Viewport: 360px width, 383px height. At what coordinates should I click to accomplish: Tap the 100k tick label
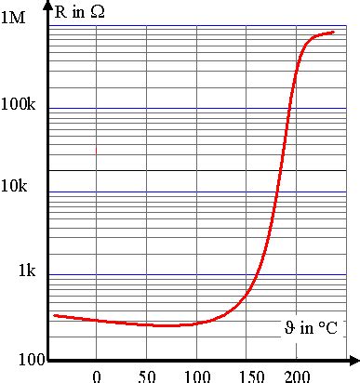coord(19,105)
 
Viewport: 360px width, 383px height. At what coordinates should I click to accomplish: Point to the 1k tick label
coord(26,271)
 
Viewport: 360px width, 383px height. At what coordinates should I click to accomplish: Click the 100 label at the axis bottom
coord(17,360)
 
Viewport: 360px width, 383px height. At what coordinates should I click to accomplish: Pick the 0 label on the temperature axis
coord(96,376)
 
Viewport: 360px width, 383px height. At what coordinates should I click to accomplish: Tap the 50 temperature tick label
coord(147,376)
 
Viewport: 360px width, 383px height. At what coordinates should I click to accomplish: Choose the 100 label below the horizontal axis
coord(196,376)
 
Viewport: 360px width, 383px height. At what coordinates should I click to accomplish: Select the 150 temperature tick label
coord(247,376)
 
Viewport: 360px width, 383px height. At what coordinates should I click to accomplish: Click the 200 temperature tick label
coord(297,376)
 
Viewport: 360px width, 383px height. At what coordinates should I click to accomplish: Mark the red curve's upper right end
coord(334,33)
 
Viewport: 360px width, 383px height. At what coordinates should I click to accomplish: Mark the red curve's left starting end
coord(53,316)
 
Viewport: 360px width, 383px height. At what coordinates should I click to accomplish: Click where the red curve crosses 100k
coord(290,109)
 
